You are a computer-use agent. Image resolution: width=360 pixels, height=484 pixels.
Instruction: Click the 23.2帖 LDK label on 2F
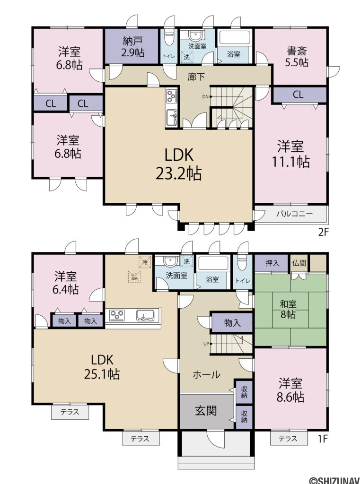click(179, 164)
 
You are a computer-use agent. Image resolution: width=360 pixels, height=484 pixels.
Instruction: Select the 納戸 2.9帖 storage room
click(132, 46)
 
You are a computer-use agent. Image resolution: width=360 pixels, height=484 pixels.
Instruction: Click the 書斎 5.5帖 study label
click(297, 56)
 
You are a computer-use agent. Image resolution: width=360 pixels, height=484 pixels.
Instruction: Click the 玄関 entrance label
click(206, 410)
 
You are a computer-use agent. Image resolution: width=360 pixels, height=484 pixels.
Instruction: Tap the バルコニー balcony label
click(294, 214)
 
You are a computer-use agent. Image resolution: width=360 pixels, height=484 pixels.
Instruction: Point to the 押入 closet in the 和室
click(271, 263)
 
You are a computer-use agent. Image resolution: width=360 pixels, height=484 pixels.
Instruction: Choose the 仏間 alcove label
click(299, 263)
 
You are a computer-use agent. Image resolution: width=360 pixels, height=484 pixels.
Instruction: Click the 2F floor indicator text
click(323, 232)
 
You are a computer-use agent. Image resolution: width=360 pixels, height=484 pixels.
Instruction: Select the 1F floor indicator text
click(323, 439)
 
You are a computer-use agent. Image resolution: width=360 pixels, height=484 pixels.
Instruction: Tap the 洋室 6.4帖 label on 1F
click(66, 282)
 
